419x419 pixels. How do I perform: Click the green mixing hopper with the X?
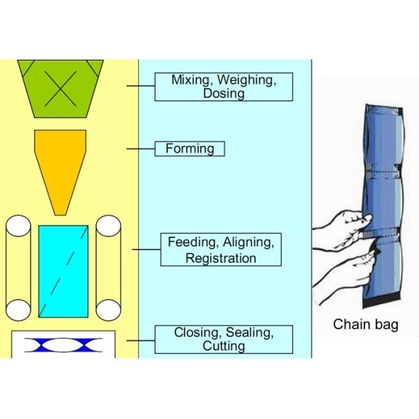click(64, 87)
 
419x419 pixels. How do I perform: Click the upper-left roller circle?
click(18, 228)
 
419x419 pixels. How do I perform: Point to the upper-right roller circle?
click(109, 228)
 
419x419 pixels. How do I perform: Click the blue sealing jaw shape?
click(64, 344)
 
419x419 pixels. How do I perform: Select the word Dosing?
click(224, 94)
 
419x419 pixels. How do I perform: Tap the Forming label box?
click(190, 149)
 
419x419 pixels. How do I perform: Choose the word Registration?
click(221, 258)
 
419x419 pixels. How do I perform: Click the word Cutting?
click(223, 346)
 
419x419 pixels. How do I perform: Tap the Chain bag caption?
click(365, 324)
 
